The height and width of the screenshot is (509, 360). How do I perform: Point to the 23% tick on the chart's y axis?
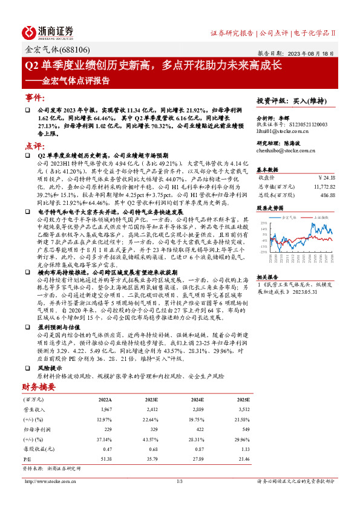pos(264,223)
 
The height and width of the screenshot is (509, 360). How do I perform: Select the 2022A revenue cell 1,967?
pos(105,410)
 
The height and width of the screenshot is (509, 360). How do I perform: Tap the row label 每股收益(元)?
pos(37,449)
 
